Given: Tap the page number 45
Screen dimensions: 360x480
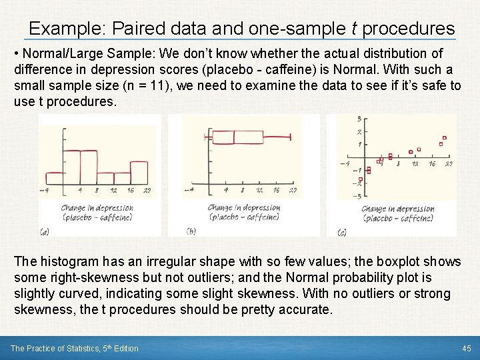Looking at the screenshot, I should [x=467, y=349].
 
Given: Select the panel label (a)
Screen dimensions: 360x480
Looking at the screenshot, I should [x=44, y=231].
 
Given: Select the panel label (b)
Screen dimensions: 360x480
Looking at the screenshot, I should [x=191, y=231].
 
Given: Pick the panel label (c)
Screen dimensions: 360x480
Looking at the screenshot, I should [x=342, y=232].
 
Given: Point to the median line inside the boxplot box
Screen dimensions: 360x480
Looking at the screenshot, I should [x=234, y=137].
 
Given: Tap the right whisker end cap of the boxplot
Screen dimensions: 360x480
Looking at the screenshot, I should [x=291, y=137].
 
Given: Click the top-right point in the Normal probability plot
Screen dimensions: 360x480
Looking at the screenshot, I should [x=444, y=138].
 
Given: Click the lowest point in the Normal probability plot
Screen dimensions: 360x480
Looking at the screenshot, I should [x=360, y=179].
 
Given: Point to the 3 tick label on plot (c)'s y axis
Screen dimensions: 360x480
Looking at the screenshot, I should [x=360, y=119].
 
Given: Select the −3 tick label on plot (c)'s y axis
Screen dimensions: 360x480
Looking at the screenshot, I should [x=359, y=196].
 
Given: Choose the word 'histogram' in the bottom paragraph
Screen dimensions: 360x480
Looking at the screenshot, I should [x=67, y=261].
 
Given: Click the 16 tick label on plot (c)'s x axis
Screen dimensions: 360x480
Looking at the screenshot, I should [x=432, y=164].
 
